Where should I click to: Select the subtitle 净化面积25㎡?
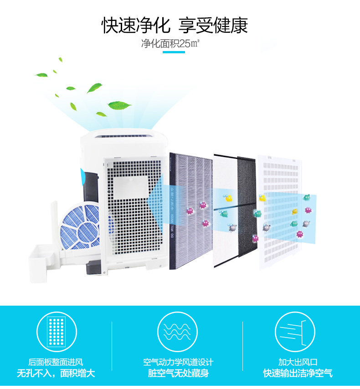[x=171, y=44]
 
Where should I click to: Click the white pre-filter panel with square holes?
[x=278, y=210]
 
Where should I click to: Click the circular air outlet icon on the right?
[x=295, y=331]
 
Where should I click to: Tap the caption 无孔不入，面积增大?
[x=56, y=374]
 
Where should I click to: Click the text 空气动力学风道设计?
[x=178, y=363]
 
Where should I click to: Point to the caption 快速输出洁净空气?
[x=298, y=374]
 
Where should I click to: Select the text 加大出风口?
[x=298, y=363]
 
